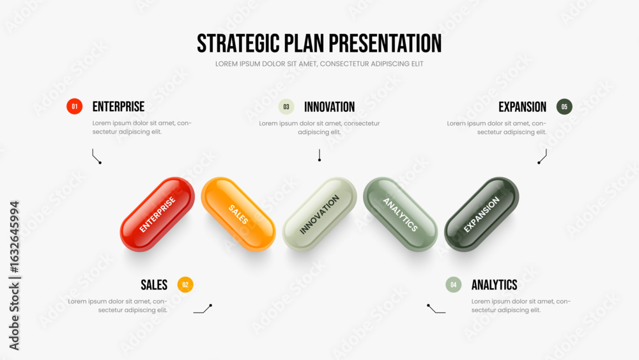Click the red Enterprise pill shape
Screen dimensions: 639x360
(x=157, y=214)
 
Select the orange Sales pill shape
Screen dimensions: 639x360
(x=238, y=214)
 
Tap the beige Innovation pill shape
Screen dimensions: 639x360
(x=319, y=214)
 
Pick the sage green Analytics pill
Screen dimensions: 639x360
(x=401, y=214)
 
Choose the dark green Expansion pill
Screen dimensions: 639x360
(x=482, y=214)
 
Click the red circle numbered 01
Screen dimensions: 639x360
(x=75, y=106)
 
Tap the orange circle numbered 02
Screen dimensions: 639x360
(x=185, y=285)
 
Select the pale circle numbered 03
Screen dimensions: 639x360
(x=286, y=107)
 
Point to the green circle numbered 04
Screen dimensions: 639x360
(x=454, y=285)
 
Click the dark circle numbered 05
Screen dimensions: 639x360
(x=564, y=107)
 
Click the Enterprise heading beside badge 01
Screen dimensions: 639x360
(x=118, y=107)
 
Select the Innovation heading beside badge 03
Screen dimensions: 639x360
(x=329, y=107)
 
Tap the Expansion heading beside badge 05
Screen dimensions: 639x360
(x=523, y=107)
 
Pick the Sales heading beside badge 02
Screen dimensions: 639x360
(x=154, y=285)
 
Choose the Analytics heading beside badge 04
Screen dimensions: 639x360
(x=495, y=285)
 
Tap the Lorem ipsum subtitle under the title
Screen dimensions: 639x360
(x=319, y=64)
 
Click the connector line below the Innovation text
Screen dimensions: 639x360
(x=319, y=155)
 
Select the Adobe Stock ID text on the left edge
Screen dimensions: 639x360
(x=14, y=276)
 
